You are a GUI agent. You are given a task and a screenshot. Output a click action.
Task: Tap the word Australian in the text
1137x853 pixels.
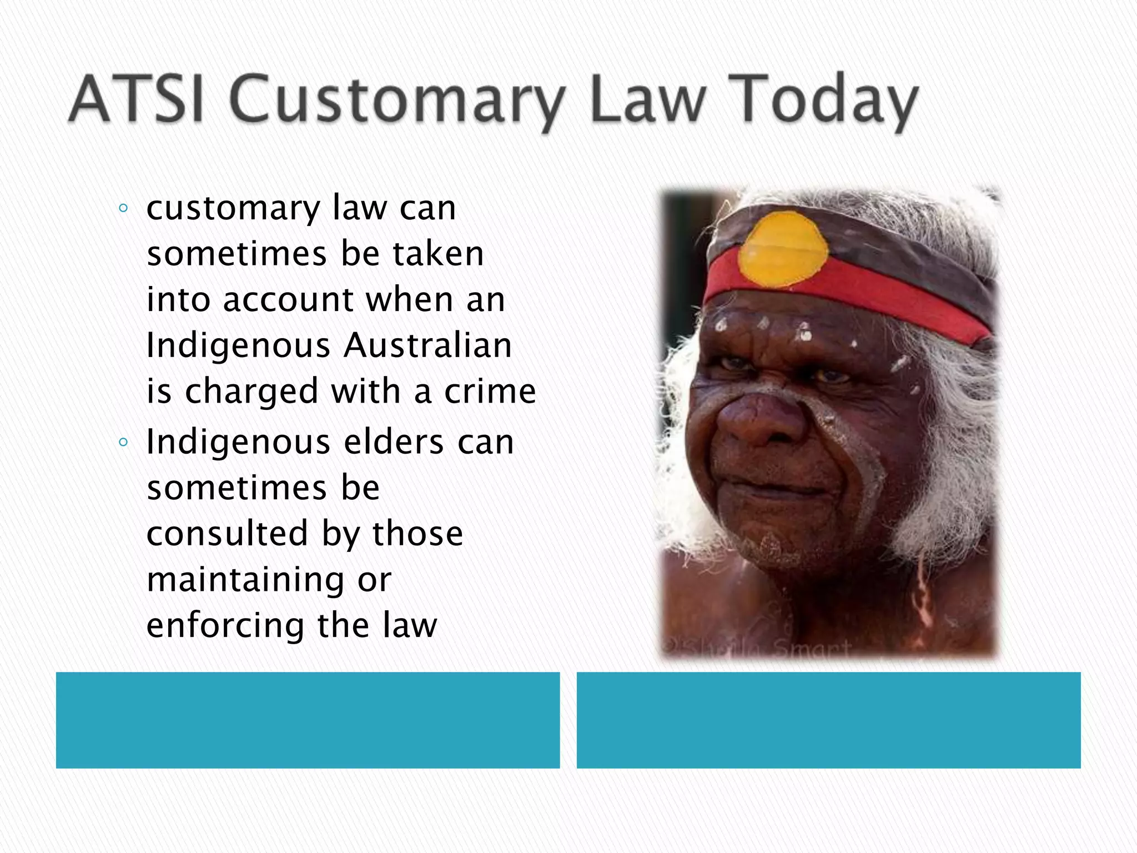[x=427, y=345]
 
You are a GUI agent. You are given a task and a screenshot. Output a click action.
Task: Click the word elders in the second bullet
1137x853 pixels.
[x=394, y=443]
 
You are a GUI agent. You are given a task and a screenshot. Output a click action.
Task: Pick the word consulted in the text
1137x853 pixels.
[x=227, y=534]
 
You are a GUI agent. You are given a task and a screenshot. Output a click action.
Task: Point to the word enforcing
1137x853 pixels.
[x=225, y=626]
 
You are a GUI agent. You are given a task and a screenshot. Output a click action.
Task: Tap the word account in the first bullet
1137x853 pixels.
[x=288, y=300]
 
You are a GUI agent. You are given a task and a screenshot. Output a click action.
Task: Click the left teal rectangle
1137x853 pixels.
[x=308, y=720]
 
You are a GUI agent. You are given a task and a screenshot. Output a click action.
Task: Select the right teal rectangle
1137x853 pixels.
[x=828, y=720]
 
